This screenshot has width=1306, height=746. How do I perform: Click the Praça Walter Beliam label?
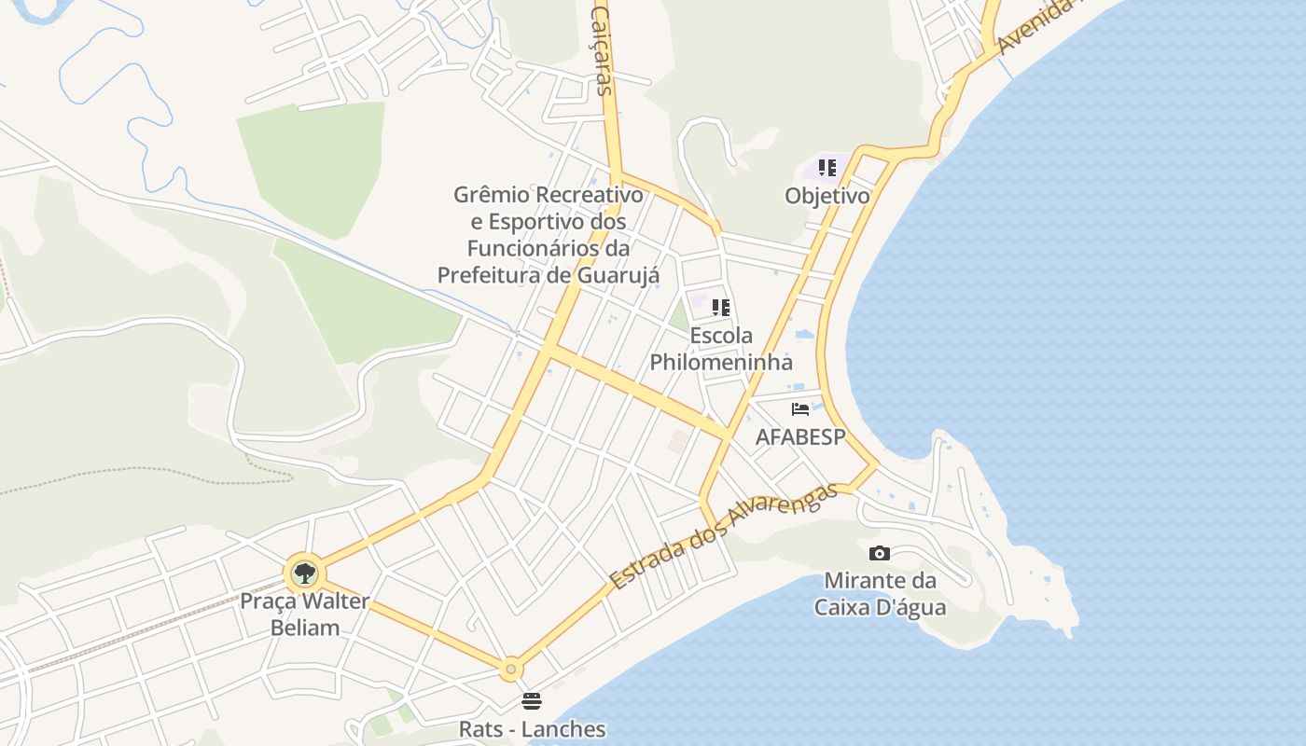point(304,614)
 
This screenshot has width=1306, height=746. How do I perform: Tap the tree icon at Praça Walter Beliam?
point(303,573)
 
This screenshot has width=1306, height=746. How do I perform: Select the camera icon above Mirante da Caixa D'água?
point(879,554)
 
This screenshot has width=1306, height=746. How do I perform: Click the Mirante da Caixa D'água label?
point(880,594)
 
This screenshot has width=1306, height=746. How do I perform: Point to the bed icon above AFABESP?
point(800,408)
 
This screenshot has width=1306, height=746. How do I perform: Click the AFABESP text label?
point(799,436)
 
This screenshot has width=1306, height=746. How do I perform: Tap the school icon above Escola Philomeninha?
point(720,307)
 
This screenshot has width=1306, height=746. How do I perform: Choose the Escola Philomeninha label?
point(721,349)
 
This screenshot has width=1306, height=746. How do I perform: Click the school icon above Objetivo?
point(827,168)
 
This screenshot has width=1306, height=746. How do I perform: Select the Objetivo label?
point(827,196)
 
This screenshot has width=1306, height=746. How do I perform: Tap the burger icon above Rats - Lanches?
point(532,700)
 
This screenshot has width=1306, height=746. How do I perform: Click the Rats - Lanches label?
point(532,729)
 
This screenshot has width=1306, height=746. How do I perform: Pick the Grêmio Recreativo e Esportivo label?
point(549,235)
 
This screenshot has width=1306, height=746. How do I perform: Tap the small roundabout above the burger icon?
point(509,669)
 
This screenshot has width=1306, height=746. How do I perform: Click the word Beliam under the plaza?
point(305,627)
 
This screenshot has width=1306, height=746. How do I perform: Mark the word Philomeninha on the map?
point(721,362)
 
